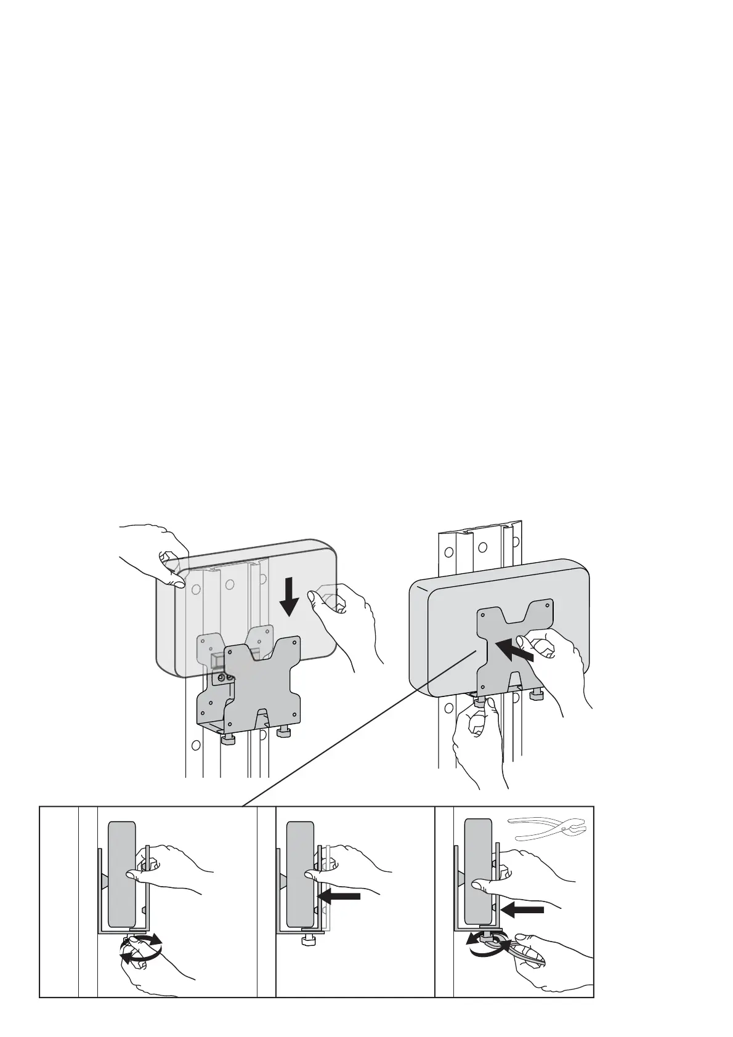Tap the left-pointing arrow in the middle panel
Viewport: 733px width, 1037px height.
pyautogui.click(x=339, y=897)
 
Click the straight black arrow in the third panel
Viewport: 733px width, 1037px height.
pyautogui.click(x=522, y=909)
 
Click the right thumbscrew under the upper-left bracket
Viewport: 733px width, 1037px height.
pyautogui.click(x=284, y=732)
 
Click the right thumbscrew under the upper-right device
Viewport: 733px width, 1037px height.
pyautogui.click(x=536, y=695)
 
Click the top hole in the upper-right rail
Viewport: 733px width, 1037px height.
pyautogui.click(x=482, y=547)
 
